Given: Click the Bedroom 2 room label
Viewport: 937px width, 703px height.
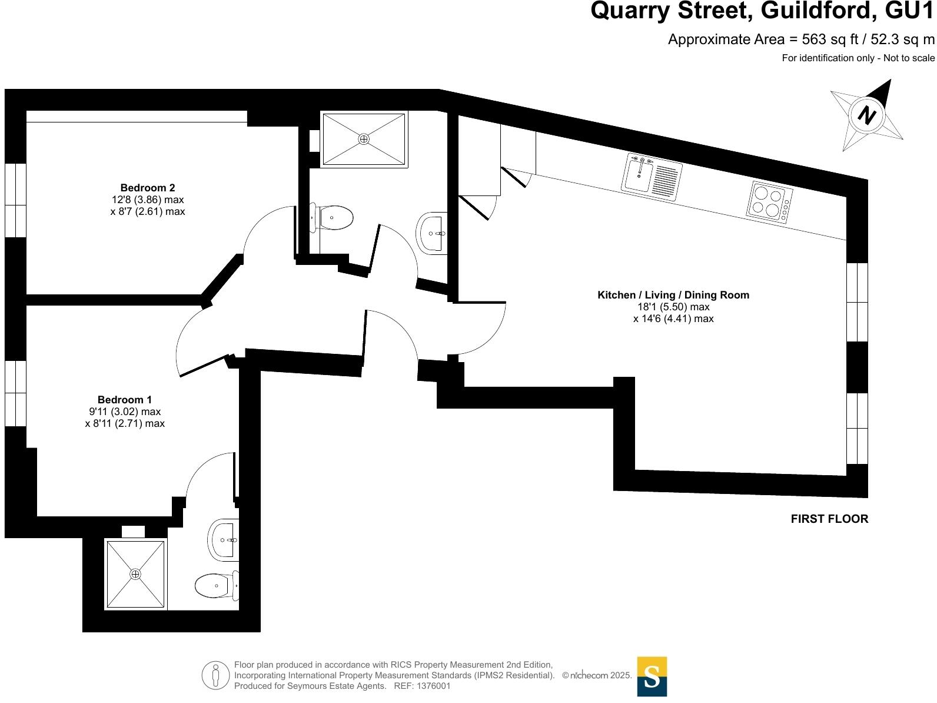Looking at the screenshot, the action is tap(148, 188).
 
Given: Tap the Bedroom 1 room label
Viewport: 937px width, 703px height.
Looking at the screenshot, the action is tap(125, 400).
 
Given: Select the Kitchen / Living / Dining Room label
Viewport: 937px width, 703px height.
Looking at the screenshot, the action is tap(673, 295).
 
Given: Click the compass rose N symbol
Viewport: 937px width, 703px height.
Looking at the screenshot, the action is tap(866, 114).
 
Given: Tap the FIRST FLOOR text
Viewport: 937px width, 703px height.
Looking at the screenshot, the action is tap(829, 519).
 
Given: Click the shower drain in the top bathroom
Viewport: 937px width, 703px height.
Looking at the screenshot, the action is tap(364, 139).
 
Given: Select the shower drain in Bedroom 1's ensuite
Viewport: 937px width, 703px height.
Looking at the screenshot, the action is tap(135, 573).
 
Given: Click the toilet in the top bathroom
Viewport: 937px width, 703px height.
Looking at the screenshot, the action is tap(333, 218).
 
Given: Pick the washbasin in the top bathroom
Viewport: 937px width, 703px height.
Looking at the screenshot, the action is tap(433, 232).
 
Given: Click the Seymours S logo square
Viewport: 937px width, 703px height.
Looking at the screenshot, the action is tap(652, 677).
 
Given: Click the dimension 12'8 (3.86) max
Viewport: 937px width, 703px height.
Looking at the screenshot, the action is tap(144, 200).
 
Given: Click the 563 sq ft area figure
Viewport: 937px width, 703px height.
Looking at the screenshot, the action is tap(818, 39).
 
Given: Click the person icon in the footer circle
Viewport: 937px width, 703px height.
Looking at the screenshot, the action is tap(215, 675).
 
